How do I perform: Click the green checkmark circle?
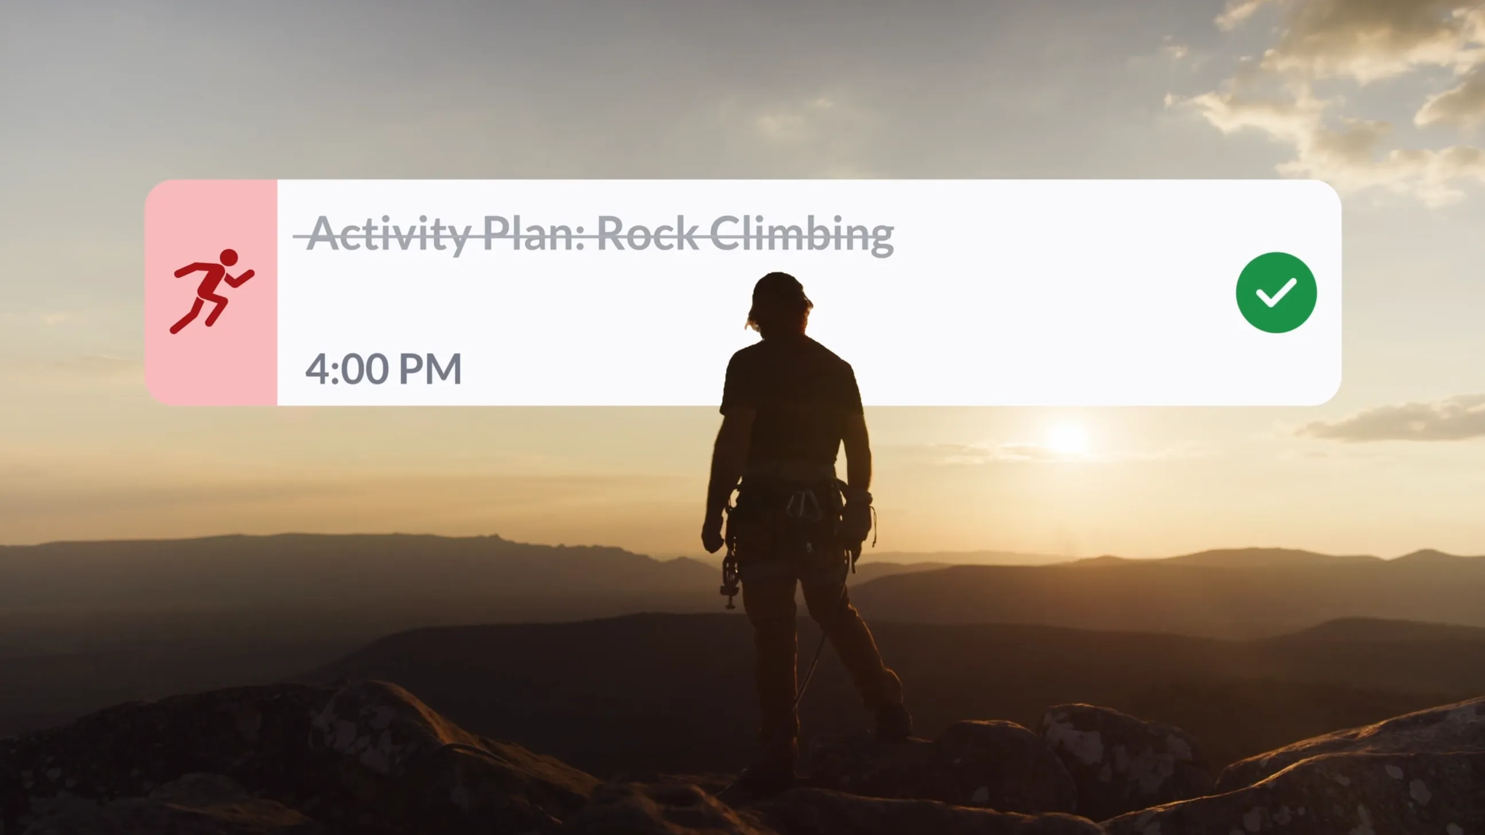pos(1276,292)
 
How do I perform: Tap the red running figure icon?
pos(212,291)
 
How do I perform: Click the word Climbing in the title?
pos(802,235)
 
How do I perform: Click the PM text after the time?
pos(430,369)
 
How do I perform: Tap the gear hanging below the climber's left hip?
pos(730,579)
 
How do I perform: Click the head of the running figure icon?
pos(229,257)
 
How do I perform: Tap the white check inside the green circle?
pos(1276,292)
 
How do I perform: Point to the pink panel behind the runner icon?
pos(211,292)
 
